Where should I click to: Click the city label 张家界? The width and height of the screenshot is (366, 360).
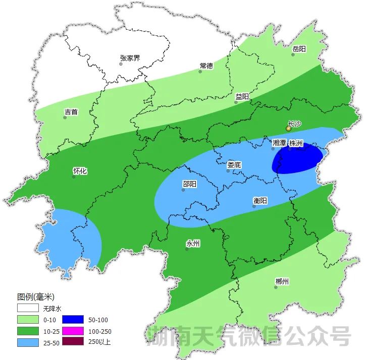[x=130, y=58]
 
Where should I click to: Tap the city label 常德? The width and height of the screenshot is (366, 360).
[x=206, y=66]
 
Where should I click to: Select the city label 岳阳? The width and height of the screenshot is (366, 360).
[x=299, y=49]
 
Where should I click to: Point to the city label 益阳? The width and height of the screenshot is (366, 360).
[x=242, y=96]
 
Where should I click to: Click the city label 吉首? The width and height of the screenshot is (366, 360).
[x=71, y=112]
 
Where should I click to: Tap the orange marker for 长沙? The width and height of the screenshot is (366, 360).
[x=288, y=129]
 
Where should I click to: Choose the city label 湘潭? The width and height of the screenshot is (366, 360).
[x=279, y=143]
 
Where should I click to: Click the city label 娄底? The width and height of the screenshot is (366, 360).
[x=234, y=164]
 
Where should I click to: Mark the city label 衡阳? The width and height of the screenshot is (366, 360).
[x=260, y=201]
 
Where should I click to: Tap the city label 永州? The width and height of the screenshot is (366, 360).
[x=193, y=244]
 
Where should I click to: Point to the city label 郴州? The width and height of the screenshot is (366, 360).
[x=282, y=281]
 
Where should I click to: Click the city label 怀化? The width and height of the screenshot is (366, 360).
[x=80, y=171]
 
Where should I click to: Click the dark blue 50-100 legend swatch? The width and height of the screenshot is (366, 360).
[x=73, y=320]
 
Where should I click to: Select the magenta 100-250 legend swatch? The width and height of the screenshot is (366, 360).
[x=73, y=331]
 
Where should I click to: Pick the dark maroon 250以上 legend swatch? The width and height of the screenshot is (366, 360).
[x=73, y=342]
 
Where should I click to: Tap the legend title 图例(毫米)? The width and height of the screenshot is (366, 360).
[x=35, y=296]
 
